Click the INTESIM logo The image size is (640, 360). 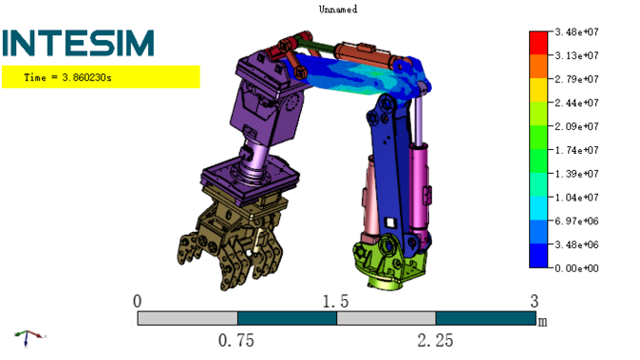[78, 43]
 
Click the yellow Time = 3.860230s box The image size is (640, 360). [101, 77]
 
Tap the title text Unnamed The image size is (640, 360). [338, 9]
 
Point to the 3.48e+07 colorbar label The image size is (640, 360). [576, 32]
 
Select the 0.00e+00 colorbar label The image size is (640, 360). [576, 268]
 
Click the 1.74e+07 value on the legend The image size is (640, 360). [576, 150]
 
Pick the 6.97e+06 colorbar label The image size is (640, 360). [576, 221]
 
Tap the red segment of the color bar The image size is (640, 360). [538, 43]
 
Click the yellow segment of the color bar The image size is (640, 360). [538, 90]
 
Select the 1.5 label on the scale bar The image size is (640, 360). [335, 302]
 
